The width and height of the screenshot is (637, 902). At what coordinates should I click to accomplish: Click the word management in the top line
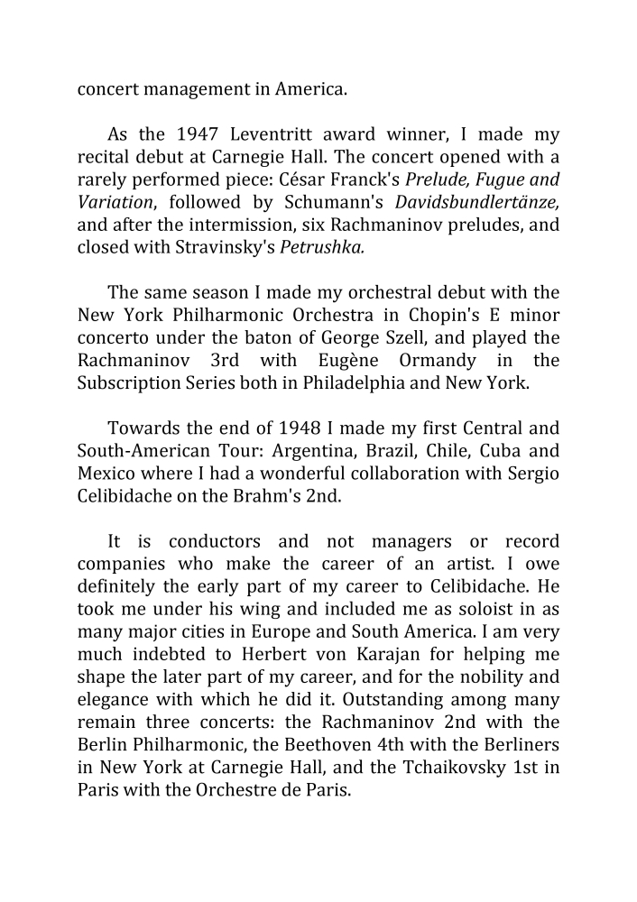click(x=199, y=88)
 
